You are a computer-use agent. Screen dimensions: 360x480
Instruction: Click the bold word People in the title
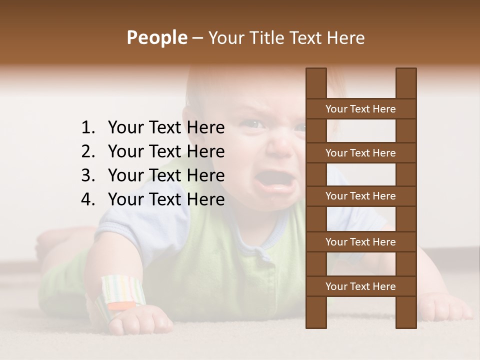(156, 37)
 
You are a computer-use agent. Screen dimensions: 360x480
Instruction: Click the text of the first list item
(166, 128)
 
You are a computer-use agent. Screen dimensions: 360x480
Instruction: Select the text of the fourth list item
(166, 199)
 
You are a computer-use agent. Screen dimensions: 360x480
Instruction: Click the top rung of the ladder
(360, 109)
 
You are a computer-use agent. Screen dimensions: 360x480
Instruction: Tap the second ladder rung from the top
(360, 153)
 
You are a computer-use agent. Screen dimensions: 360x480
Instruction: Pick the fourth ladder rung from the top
(360, 242)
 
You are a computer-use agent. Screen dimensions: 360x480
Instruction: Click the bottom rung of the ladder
(360, 286)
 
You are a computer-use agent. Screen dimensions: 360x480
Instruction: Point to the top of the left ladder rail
(316, 75)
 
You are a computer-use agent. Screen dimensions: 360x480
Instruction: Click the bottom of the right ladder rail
(406, 320)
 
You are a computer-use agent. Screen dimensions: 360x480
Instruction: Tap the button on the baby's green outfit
(261, 255)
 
